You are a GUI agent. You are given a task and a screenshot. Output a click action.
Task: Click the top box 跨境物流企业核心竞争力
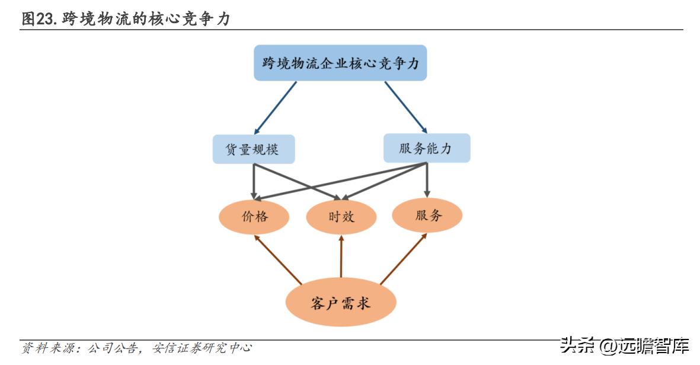pos(340,63)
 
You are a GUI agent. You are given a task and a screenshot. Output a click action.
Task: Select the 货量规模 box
pos(254,149)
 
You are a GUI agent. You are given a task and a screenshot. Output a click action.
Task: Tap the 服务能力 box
pos(426,148)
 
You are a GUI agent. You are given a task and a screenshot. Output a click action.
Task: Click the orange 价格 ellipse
pos(255,217)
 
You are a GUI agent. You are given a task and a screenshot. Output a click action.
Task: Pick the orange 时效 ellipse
pos(341,217)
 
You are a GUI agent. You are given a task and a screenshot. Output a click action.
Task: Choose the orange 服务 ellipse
pos(427,215)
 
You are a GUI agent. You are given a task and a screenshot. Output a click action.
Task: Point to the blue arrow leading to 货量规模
pos(276,107)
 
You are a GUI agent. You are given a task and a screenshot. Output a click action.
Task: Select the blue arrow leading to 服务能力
pos(405,107)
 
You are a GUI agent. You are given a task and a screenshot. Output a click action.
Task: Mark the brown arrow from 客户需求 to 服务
pos(404,259)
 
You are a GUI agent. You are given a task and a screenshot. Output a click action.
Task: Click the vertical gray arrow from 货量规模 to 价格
pos(254,180)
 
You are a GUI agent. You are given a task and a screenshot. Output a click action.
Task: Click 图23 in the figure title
pos(39,19)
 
